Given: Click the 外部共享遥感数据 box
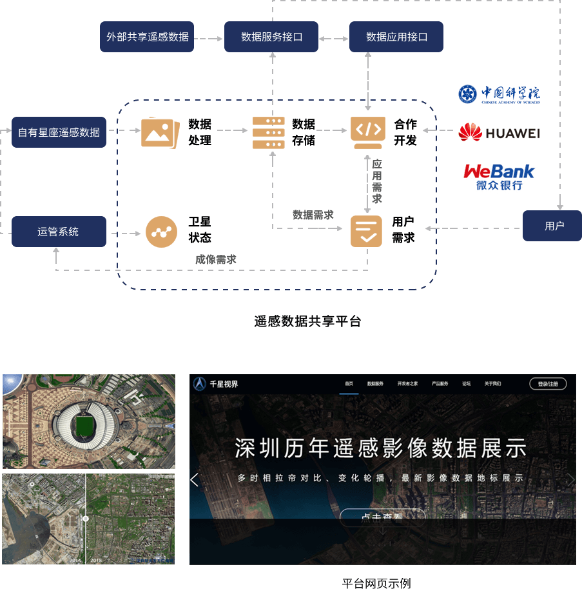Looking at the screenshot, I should pyautogui.click(x=148, y=37).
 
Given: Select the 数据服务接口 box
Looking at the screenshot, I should pyautogui.click(x=271, y=37).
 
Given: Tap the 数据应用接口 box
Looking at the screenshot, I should pyautogui.click(x=396, y=37).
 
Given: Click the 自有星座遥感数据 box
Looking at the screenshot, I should pyautogui.click(x=59, y=132).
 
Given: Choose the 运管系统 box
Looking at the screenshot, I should pyautogui.click(x=59, y=231).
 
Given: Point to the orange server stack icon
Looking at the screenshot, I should pyautogui.click(x=268, y=132).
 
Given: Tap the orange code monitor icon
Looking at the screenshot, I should pyautogui.click(x=367, y=131).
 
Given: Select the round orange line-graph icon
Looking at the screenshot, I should pyautogui.click(x=161, y=232).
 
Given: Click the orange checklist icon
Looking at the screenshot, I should pyautogui.click(x=366, y=232).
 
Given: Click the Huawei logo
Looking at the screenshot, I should pyautogui.click(x=498, y=133).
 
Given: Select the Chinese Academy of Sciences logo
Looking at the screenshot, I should pyautogui.click(x=499, y=94).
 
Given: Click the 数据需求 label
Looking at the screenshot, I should pyautogui.click(x=313, y=215).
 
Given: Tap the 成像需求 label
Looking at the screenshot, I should pyautogui.click(x=216, y=259).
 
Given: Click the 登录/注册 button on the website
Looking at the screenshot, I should pyautogui.click(x=548, y=384).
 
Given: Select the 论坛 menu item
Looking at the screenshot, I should pyautogui.click(x=466, y=384).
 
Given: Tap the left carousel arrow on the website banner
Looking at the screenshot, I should pyautogui.click(x=195, y=479).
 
